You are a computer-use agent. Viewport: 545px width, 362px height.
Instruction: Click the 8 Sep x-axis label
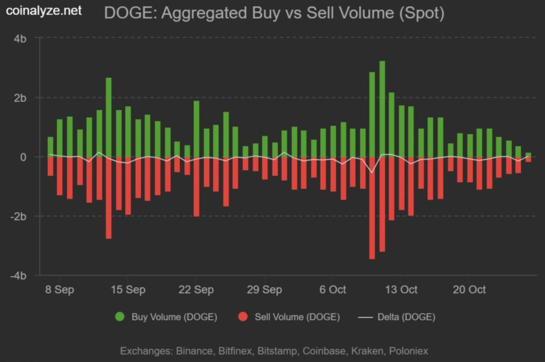60,289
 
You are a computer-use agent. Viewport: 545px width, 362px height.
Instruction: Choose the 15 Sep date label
128,289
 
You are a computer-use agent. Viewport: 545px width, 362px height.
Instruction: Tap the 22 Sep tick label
196,289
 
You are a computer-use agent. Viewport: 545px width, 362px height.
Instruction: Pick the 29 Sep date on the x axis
265,289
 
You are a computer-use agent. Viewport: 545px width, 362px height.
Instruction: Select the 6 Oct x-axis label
333,289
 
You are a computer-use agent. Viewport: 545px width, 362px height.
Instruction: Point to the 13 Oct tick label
401,289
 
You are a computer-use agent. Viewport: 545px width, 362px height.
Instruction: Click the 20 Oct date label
469,289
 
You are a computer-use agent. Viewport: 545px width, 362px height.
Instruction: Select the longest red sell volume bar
372,208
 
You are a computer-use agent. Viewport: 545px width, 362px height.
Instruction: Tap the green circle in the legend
120,317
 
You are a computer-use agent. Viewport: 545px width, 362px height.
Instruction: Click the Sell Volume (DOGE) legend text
297,317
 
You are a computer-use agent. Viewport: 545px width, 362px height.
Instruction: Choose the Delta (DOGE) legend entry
406,317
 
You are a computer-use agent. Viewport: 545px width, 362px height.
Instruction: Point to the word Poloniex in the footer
408,351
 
